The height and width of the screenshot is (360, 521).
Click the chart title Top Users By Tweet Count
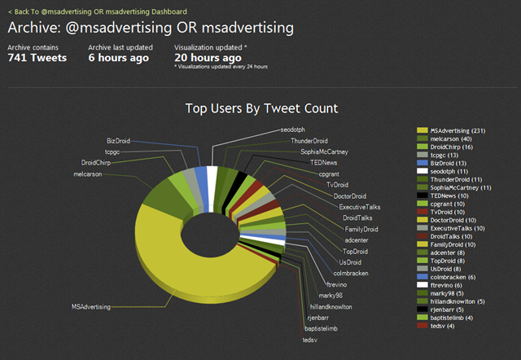coord(261,108)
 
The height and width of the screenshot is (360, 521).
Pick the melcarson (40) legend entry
coord(452,139)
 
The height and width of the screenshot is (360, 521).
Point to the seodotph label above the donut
coord(295,130)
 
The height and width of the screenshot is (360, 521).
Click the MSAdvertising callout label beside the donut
coord(87,307)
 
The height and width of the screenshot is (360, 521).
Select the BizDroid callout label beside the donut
coord(120,140)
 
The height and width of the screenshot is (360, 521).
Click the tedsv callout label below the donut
coord(310,339)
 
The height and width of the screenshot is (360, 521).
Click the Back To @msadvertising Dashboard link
coord(97,12)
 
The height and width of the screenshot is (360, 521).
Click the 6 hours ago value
coord(118,58)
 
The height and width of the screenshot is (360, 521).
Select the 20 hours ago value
coord(208,58)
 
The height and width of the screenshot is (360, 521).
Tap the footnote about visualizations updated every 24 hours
coord(221,67)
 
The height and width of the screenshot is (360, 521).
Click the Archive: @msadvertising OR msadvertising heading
coord(151,29)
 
